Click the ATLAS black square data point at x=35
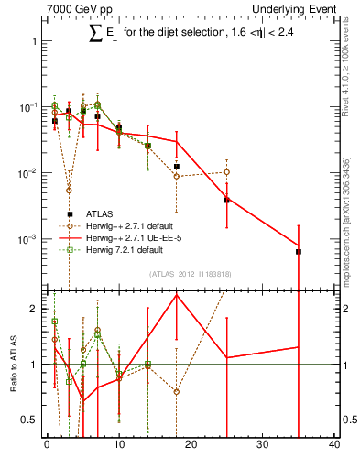click(x=299, y=251)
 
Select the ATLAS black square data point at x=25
click(x=226, y=200)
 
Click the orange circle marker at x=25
click(x=226, y=172)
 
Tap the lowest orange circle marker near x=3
click(x=69, y=191)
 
